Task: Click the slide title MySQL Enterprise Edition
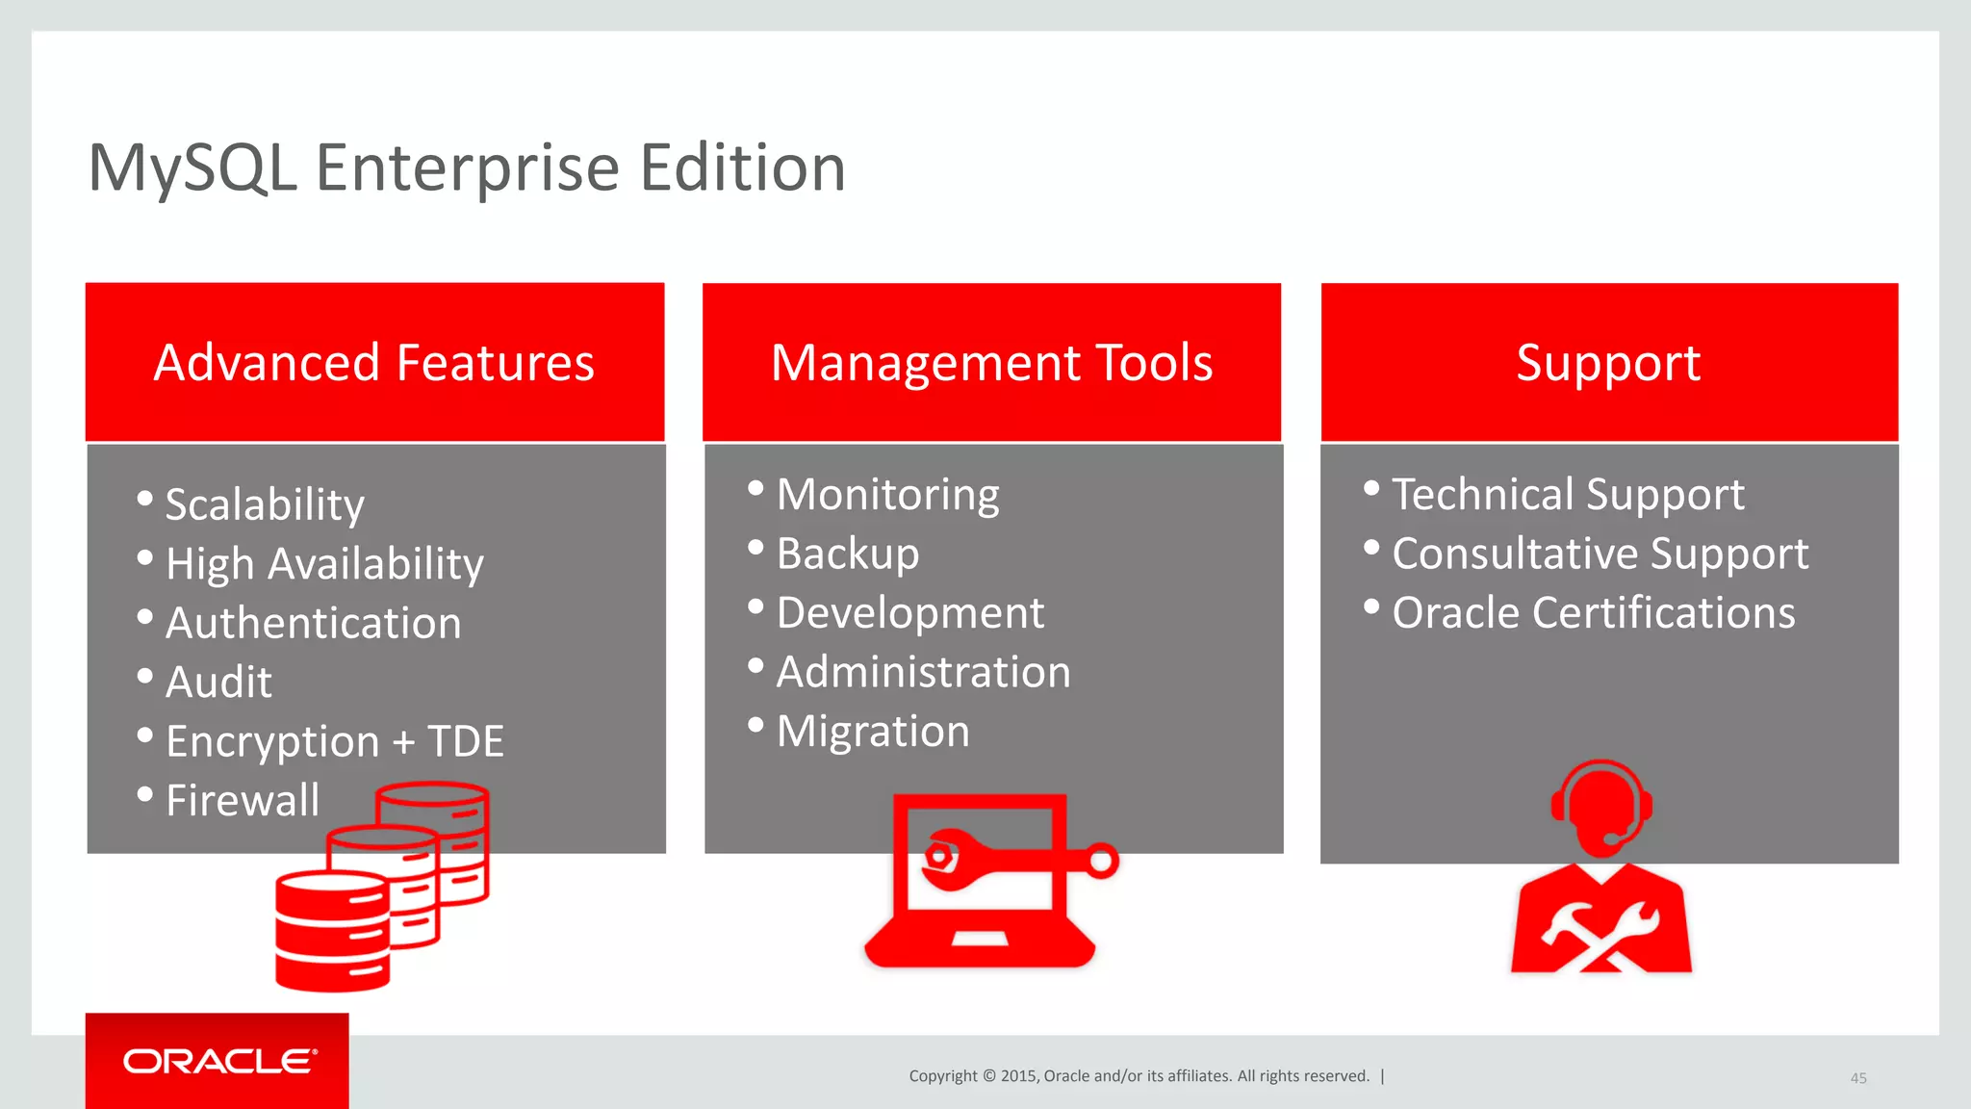pos(466,168)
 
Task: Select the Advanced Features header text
pos(373,363)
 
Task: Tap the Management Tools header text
pos(991,363)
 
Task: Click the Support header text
pos(1608,363)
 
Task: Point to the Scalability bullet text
pos(265,504)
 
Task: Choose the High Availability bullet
pos(324,564)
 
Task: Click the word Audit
pos(218,683)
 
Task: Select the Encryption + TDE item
pos(334,741)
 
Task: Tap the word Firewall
pos(242,800)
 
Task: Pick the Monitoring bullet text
pos(887,495)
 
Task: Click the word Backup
pos(847,554)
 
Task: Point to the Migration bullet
pos(872,732)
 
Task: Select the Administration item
pos(922,672)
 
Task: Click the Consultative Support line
pos(1600,554)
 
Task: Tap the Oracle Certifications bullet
pos(1593,613)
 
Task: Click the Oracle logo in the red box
pos(218,1061)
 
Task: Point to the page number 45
pos(1858,1078)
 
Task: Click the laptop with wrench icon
pos(982,881)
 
